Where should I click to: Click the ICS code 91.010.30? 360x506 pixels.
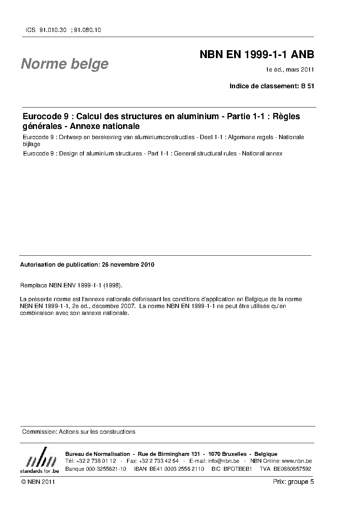(x=52, y=30)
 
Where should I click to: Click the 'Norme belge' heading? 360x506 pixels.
(x=65, y=64)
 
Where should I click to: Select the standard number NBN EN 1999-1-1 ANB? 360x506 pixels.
(x=257, y=55)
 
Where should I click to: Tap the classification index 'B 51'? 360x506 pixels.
(x=307, y=86)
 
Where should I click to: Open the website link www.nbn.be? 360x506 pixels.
(x=296, y=461)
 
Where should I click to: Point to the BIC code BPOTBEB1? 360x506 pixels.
(x=238, y=469)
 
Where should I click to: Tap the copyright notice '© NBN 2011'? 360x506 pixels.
(x=38, y=482)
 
